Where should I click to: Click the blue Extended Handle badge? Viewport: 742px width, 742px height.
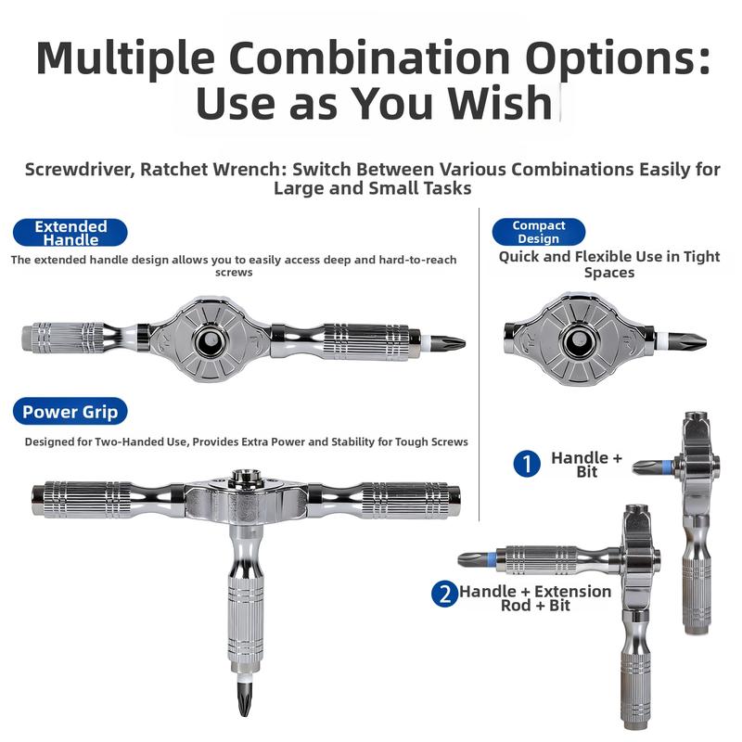pos(70,233)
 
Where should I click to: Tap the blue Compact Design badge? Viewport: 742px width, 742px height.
pos(539,232)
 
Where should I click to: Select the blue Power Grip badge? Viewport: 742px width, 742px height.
pos(70,411)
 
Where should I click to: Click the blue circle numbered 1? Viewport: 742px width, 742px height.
pos(527,464)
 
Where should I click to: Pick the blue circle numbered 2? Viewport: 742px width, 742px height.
pos(444,594)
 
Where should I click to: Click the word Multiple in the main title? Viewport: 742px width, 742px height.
pos(125,58)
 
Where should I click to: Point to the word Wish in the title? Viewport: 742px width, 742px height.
pos(500,103)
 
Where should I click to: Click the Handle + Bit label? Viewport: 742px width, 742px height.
pos(587,465)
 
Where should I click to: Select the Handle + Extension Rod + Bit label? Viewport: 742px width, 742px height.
pos(535,598)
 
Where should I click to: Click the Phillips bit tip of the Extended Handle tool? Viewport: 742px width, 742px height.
pos(460,342)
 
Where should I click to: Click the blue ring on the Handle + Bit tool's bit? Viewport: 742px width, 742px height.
pos(667,467)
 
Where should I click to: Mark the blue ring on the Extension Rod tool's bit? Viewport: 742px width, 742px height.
pos(493,560)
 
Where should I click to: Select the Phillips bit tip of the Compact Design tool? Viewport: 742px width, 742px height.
pos(700,340)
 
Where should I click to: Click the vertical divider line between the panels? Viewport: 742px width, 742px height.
pos(479,365)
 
